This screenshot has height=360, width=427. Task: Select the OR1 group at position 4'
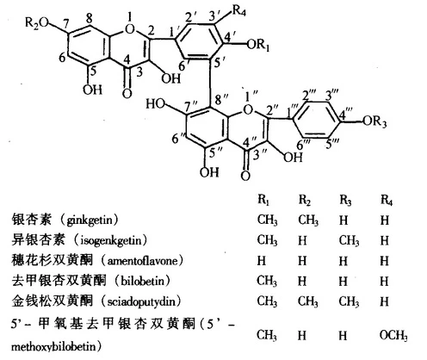(258, 45)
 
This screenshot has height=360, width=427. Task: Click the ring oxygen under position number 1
(130, 29)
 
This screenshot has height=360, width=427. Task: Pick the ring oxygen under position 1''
(248, 109)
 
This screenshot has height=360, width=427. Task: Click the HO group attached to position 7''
(156, 103)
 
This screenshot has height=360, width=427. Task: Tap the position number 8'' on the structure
(221, 100)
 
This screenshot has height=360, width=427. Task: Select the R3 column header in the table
(345, 199)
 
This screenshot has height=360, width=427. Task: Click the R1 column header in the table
(263, 199)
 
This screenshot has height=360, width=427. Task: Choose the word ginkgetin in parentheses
(89, 220)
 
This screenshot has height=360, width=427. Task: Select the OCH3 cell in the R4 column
(393, 335)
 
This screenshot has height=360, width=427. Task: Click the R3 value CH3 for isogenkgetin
(349, 240)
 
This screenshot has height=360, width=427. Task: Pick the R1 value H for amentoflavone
(262, 261)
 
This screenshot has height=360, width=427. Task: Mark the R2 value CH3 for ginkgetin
(308, 220)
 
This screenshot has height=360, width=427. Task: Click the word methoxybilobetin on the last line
(55, 346)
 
